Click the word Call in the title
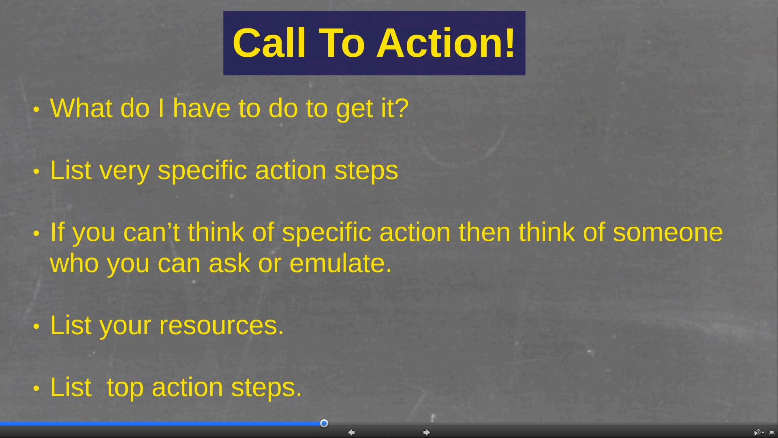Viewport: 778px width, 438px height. click(x=269, y=43)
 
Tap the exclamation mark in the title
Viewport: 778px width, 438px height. click(x=510, y=43)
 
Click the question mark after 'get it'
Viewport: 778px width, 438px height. click(x=402, y=108)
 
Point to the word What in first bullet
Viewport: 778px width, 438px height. click(x=81, y=108)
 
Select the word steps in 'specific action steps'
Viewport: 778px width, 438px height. click(x=366, y=171)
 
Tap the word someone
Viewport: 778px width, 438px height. click(x=668, y=233)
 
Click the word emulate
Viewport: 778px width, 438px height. click(x=340, y=263)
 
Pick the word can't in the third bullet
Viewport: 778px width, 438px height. click(x=151, y=233)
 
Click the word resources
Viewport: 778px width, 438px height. click(x=222, y=326)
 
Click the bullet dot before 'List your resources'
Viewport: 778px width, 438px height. click(x=36, y=326)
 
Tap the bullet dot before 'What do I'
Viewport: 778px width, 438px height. click(x=36, y=109)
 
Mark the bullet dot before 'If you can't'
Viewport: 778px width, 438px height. click(x=36, y=234)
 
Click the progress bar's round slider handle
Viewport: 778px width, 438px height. click(x=324, y=423)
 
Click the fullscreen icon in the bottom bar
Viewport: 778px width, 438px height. click(x=772, y=433)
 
